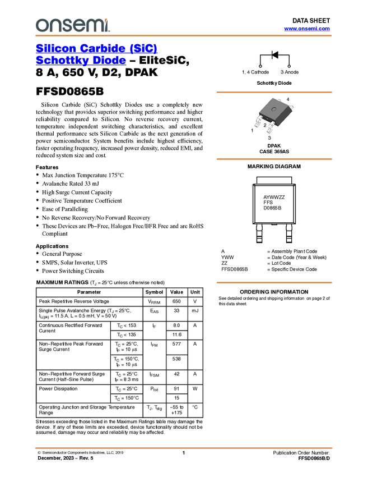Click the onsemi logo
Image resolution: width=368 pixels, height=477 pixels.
[x=72, y=25]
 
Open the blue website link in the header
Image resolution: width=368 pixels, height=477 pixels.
[x=307, y=29]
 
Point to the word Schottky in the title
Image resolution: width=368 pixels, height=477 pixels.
[x=62, y=61]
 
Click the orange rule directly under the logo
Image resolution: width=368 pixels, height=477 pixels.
[x=184, y=36]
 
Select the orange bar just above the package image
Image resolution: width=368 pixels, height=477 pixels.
[x=274, y=92]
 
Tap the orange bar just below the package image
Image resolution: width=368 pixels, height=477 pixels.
[x=274, y=159]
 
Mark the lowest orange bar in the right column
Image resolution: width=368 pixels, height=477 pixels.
[x=274, y=283]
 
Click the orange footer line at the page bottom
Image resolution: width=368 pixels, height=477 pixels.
[x=184, y=448]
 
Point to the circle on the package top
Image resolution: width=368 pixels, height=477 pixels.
[x=274, y=109]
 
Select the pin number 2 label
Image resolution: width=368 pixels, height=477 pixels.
[x=265, y=126]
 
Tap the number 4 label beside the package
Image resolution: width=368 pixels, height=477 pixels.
[x=288, y=99]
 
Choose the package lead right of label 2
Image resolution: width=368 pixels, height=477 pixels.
[x=271, y=129]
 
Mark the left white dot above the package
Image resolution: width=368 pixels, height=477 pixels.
[x=260, y=66]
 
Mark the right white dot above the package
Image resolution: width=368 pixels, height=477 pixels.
[x=289, y=66]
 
